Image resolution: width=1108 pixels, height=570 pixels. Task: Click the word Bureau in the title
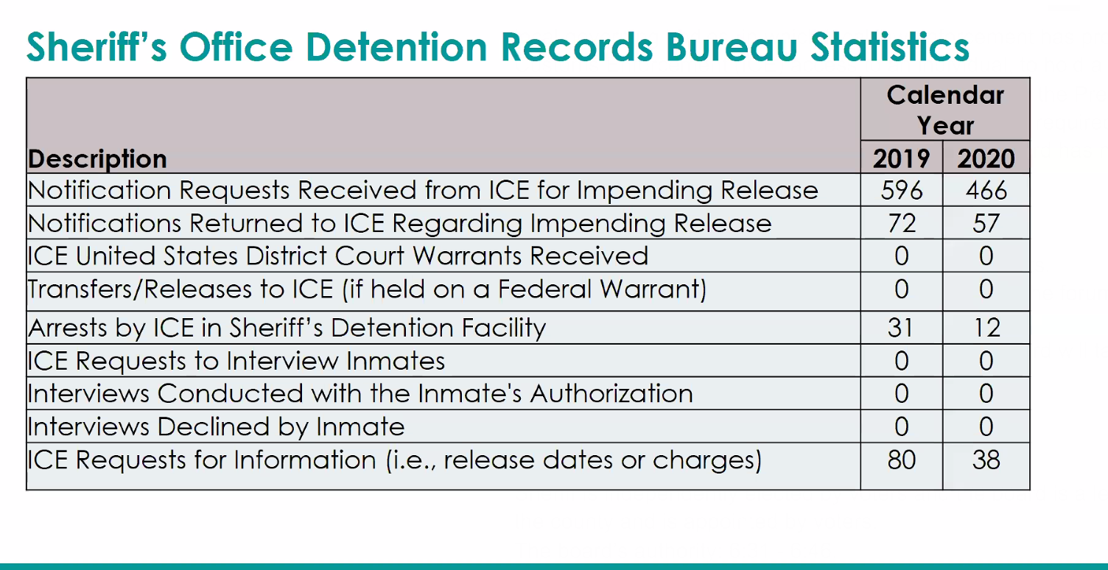coord(732,47)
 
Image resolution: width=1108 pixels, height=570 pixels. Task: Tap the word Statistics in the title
coord(890,47)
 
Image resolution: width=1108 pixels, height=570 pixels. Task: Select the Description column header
coord(97,159)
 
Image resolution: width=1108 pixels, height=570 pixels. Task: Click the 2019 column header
coord(901,158)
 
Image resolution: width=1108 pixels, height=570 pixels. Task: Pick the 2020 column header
coord(986,158)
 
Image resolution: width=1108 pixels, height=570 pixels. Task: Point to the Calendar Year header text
coord(945,110)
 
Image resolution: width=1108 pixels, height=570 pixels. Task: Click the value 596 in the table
coord(901,190)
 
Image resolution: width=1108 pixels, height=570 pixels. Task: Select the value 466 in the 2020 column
coord(986,190)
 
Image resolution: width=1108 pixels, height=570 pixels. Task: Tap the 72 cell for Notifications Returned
coord(902,223)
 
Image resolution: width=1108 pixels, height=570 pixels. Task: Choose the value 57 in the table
coord(986,223)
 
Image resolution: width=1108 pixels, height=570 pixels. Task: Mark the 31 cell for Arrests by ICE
coord(900,328)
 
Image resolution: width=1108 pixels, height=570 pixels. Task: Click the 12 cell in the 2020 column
coord(987,328)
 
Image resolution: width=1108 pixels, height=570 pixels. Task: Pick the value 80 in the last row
coord(901,460)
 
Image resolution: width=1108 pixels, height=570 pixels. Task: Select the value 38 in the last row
coord(986,460)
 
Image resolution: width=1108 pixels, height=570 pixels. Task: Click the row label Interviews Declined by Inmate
coord(216,427)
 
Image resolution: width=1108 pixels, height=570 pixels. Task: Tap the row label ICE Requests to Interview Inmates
coord(236,361)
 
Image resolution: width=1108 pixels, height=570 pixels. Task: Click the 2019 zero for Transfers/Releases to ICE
coord(901,289)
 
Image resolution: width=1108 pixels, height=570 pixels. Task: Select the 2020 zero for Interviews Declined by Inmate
coord(986,426)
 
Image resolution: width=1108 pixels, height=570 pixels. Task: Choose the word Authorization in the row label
coord(611,394)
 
